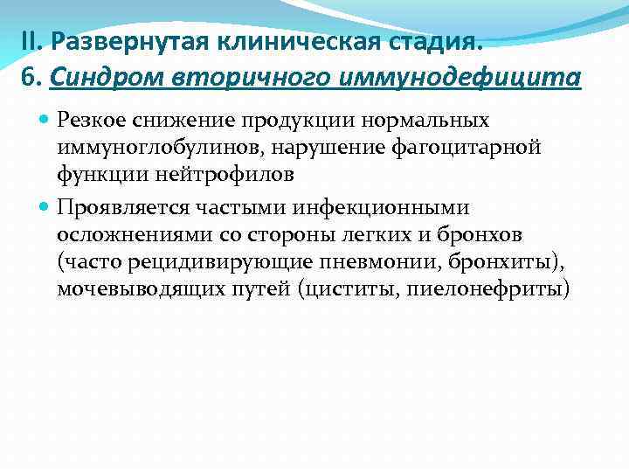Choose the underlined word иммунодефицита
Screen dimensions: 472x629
pos(457,79)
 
